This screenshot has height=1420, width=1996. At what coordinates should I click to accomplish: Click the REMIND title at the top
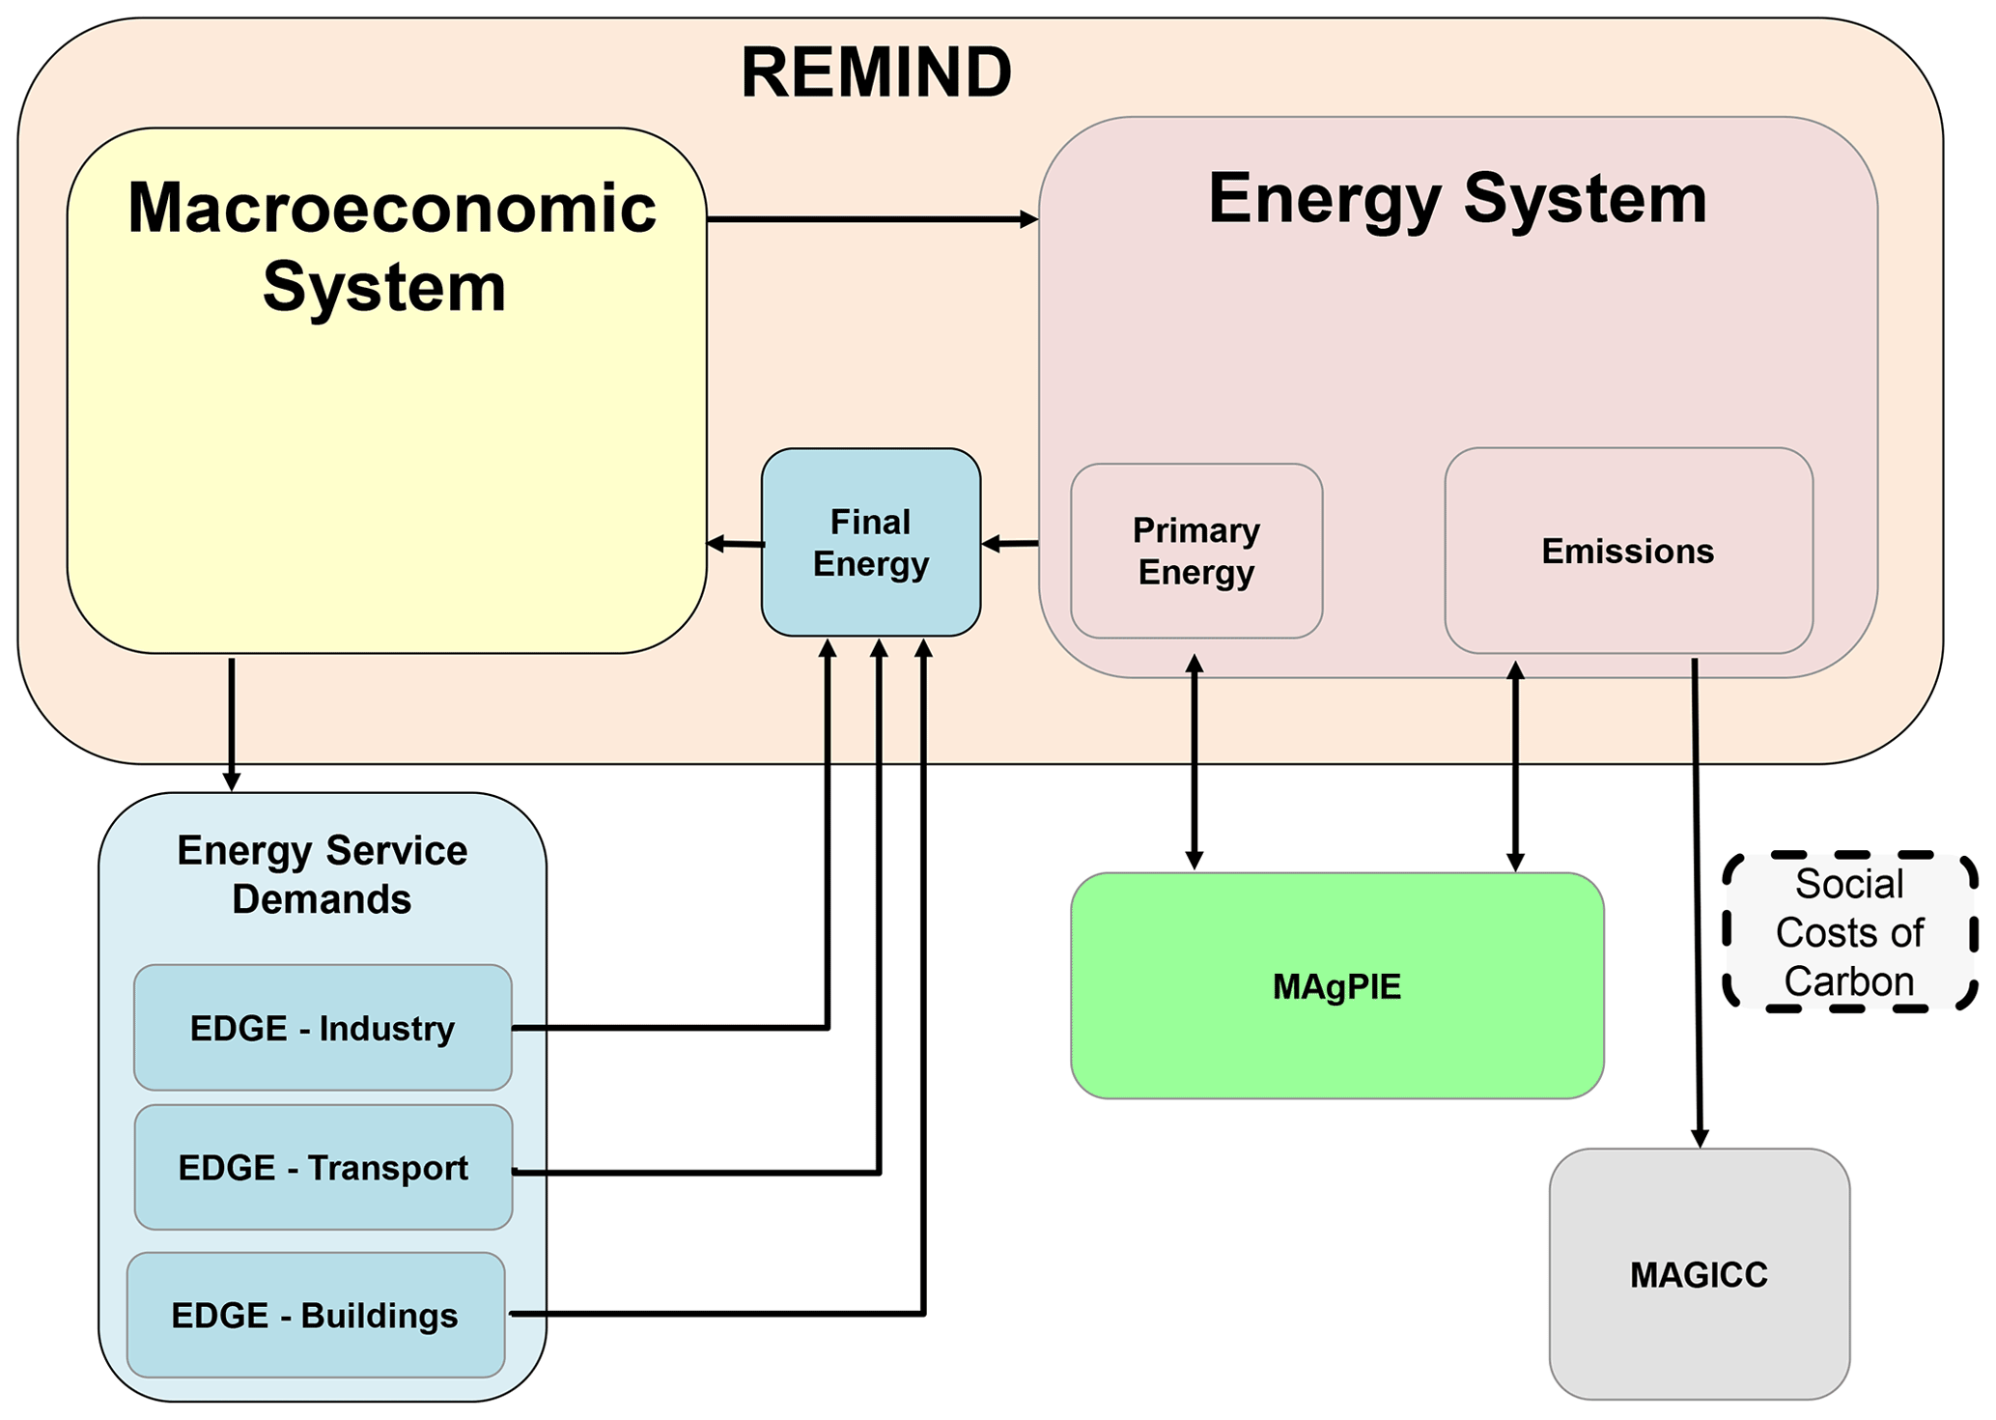pyautogui.click(x=876, y=73)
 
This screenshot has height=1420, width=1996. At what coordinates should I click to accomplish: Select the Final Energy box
pyautogui.click(x=870, y=542)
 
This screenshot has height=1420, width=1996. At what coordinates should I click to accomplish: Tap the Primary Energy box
pyautogui.click(x=1195, y=551)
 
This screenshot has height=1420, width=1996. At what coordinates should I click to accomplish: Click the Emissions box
pyautogui.click(x=1627, y=551)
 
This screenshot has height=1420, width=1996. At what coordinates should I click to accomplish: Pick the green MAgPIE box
pyautogui.click(x=1336, y=986)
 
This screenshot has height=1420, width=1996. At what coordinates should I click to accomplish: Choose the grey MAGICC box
pyautogui.click(x=1699, y=1274)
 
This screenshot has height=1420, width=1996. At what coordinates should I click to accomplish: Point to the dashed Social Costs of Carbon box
pyautogui.click(x=1849, y=932)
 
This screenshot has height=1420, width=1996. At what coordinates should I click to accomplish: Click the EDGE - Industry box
pyautogui.click(x=322, y=1028)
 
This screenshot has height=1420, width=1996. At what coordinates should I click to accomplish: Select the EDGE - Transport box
pyautogui.click(x=323, y=1168)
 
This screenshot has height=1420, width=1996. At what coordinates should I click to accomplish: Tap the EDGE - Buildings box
pyautogui.click(x=315, y=1316)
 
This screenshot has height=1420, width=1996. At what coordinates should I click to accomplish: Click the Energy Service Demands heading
pyautogui.click(x=322, y=874)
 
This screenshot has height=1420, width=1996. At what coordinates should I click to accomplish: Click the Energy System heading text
pyautogui.click(x=1457, y=198)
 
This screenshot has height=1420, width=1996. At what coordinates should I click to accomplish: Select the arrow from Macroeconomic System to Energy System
pyautogui.click(x=872, y=220)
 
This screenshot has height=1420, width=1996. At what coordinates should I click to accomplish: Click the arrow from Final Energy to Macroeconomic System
pyautogui.click(x=735, y=545)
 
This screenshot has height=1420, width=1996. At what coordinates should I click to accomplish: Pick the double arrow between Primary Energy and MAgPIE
pyautogui.click(x=1195, y=762)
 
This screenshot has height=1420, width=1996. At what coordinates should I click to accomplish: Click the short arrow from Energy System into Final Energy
pyautogui.click(x=1010, y=545)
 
